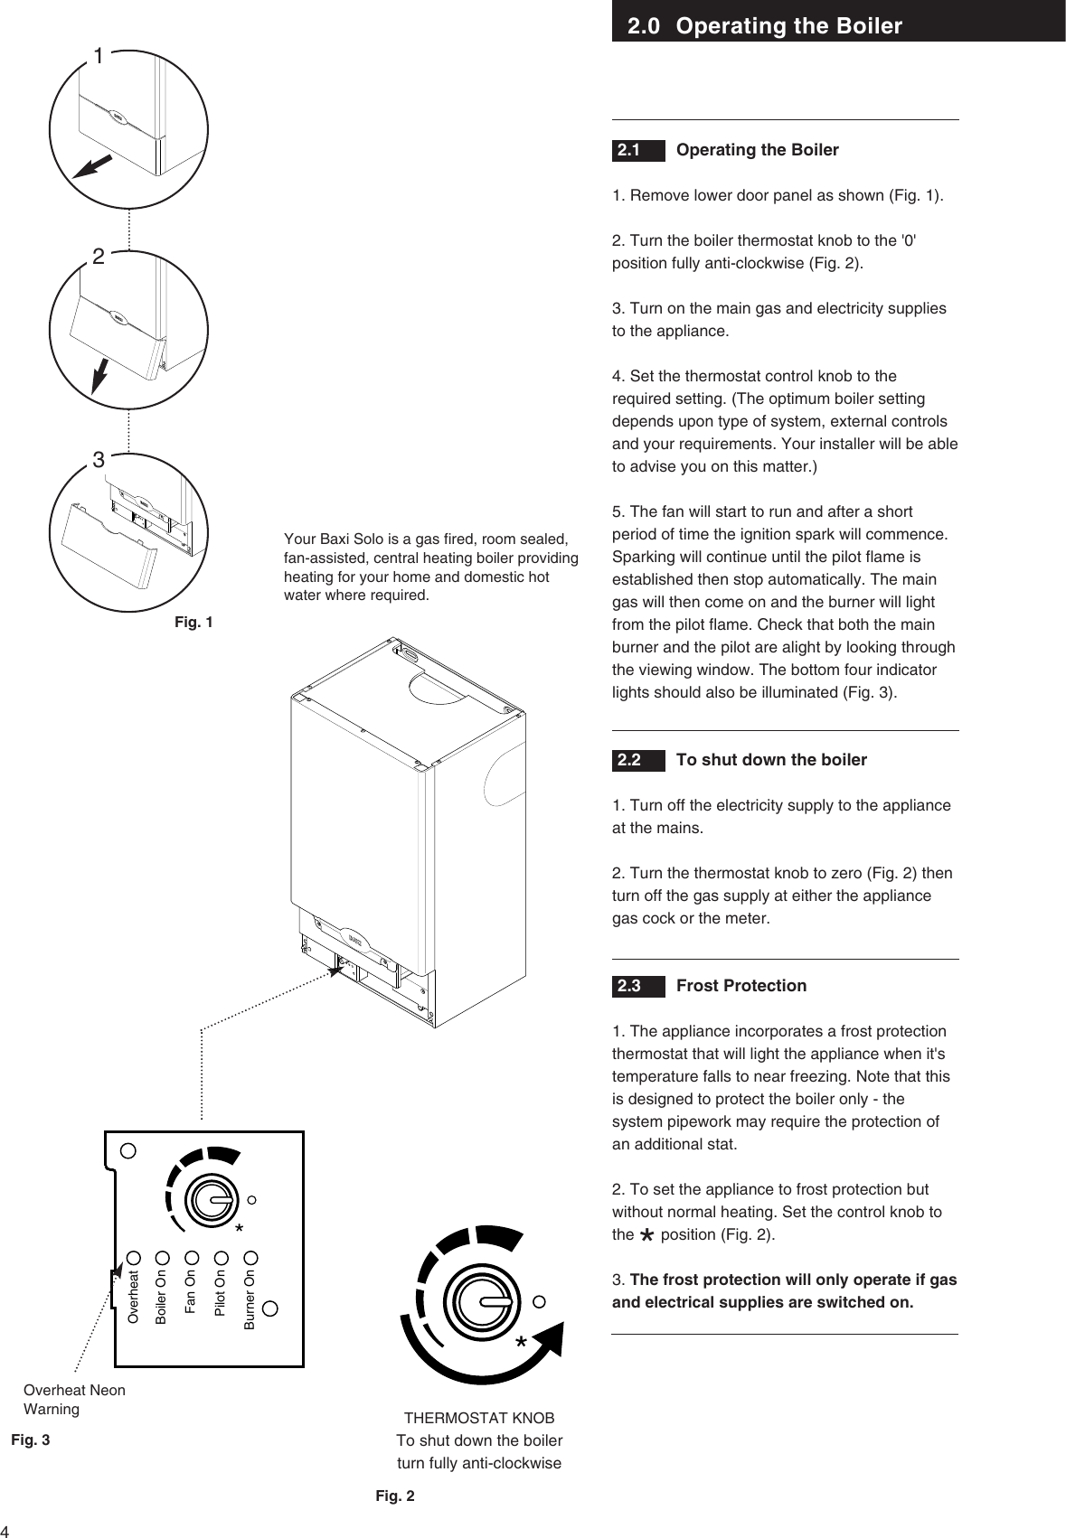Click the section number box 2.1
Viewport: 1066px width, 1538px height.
coord(637,150)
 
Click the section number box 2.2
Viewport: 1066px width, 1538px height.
coord(637,760)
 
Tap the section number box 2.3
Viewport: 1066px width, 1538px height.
coord(637,986)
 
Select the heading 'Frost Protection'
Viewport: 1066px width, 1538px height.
coord(741,986)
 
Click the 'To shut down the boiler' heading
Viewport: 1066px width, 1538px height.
coord(770,760)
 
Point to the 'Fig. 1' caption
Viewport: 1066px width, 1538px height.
coord(193,623)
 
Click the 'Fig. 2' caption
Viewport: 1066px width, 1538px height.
coord(395,1496)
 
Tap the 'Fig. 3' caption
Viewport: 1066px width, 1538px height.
coord(30,1440)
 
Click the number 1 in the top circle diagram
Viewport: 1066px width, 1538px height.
coord(97,57)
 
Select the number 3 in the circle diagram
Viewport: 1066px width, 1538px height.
coord(98,461)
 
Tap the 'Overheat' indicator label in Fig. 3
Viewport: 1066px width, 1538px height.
coord(133,1298)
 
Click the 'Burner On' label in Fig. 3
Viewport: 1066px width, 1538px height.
coord(250,1299)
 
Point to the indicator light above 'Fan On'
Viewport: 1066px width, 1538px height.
coord(191,1257)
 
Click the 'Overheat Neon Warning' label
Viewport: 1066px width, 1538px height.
coord(74,1399)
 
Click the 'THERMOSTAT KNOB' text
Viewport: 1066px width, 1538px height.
coord(479,1418)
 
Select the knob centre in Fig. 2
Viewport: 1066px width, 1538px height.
coord(486,1301)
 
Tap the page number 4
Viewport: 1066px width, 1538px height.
coord(5,1530)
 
